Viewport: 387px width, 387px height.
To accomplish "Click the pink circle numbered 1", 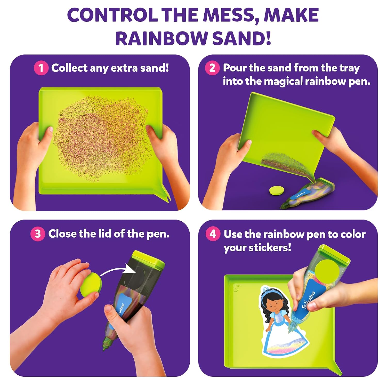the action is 41,68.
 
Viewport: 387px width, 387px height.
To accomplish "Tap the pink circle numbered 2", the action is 212,68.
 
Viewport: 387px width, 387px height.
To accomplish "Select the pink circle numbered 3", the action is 38,234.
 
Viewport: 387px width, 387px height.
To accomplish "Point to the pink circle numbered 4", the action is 213,234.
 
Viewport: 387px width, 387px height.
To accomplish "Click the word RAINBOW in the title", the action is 162,38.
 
